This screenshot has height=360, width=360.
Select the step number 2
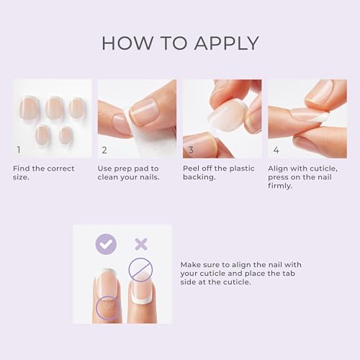[x=104, y=150]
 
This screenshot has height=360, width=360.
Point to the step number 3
[x=190, y=150]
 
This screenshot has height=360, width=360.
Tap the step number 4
[x=275, y=150]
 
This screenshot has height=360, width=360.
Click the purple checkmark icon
[x=106, y=245]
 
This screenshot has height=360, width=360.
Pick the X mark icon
[x=140, y=245]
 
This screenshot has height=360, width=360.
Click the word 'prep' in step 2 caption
[x=127, y=168]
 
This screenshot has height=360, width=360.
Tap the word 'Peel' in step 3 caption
[x=192, y=168]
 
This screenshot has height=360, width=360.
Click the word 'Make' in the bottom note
[x=192, y=264]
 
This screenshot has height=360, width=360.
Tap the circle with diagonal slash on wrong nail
[x=140, y=270]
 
